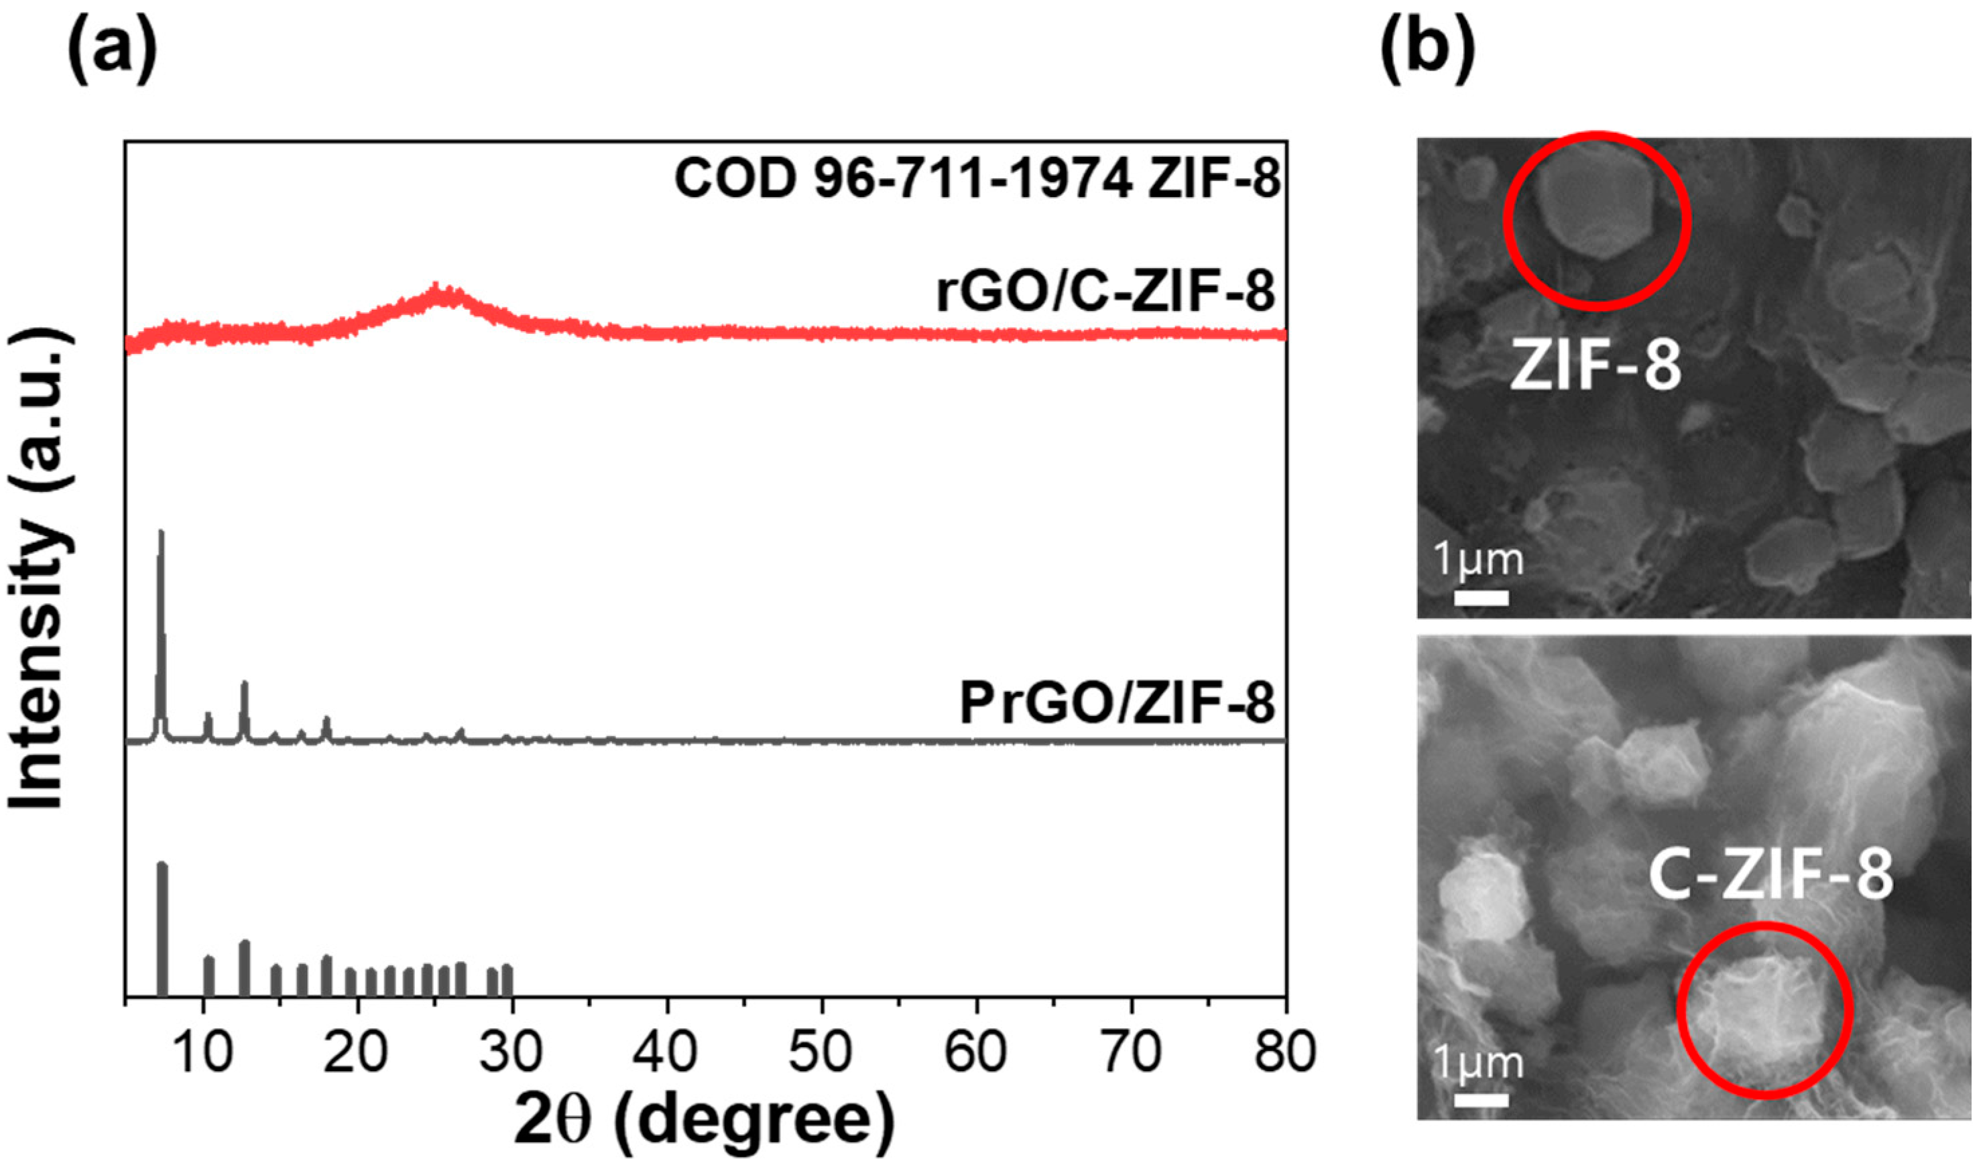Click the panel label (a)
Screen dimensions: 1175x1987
[x=113, y=49]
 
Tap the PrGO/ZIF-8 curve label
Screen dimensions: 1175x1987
[x=1117, y=703]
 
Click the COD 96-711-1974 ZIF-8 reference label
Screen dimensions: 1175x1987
[x=977, y=179]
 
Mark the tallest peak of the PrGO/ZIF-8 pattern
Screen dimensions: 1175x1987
[x=162, y=532]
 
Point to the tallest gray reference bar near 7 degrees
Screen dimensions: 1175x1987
[x=162, y=865]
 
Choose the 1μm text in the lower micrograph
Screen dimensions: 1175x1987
[x=1479, y=1062]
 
